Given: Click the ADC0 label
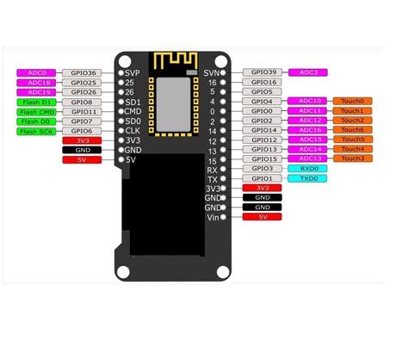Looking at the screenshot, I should click(x=36, y=73).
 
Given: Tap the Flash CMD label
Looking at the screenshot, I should click(x=36, y=111).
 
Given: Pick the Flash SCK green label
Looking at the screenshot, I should click(x=36, y=130).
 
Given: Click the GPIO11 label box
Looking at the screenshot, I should click(x=83, y=111).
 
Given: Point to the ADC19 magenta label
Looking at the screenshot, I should click(x=36, y=92).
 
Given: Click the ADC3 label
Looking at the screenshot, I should click(x=308, y=73).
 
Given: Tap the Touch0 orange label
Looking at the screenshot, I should click(x=352, y=102).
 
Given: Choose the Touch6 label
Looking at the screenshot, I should click(x=352, y=130).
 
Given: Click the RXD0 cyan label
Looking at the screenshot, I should click(x=308, y=168).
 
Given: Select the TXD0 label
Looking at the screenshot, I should click(x=308, y=178).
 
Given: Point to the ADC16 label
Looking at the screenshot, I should click(x=308, y=130).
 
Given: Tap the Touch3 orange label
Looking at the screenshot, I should click(x=352, y=158).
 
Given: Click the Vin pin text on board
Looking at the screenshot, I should click(x=213, y=216).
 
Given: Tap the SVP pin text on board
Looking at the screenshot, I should click(x=132, y=73).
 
